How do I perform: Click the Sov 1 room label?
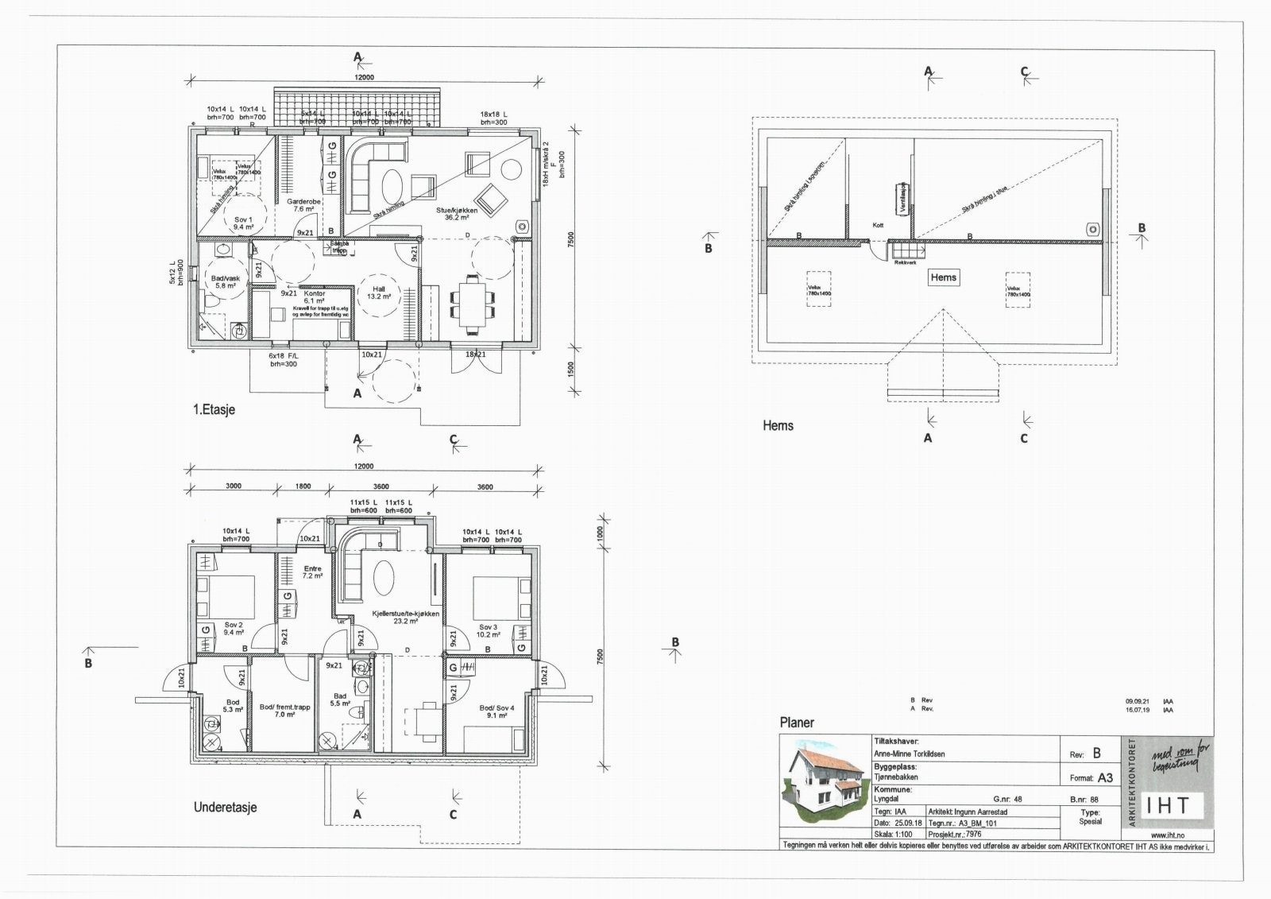click(243, 223)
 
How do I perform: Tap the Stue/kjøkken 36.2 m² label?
click(453, 214)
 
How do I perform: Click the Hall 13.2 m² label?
click(378, 293)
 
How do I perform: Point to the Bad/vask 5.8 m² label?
click(224, 281)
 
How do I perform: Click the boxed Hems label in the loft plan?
click(943, 277)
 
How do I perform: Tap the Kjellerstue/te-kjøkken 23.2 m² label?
click(405, 618)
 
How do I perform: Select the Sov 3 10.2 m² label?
click(489, 630)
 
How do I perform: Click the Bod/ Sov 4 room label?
click(496, 711)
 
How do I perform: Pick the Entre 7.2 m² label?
click(312, 572)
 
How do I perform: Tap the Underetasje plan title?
click(225, 808)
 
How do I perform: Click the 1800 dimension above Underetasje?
click(303, 486)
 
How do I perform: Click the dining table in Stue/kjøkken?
click(473, 303)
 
